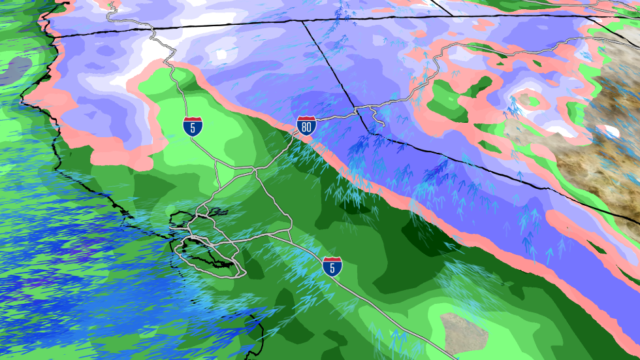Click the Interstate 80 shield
[x=305, y=126]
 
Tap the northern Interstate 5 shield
[x=193, y=125]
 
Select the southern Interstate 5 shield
[x=332, y=266]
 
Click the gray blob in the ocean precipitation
[x=17, y=69]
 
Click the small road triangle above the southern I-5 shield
[x=288, y=236]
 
